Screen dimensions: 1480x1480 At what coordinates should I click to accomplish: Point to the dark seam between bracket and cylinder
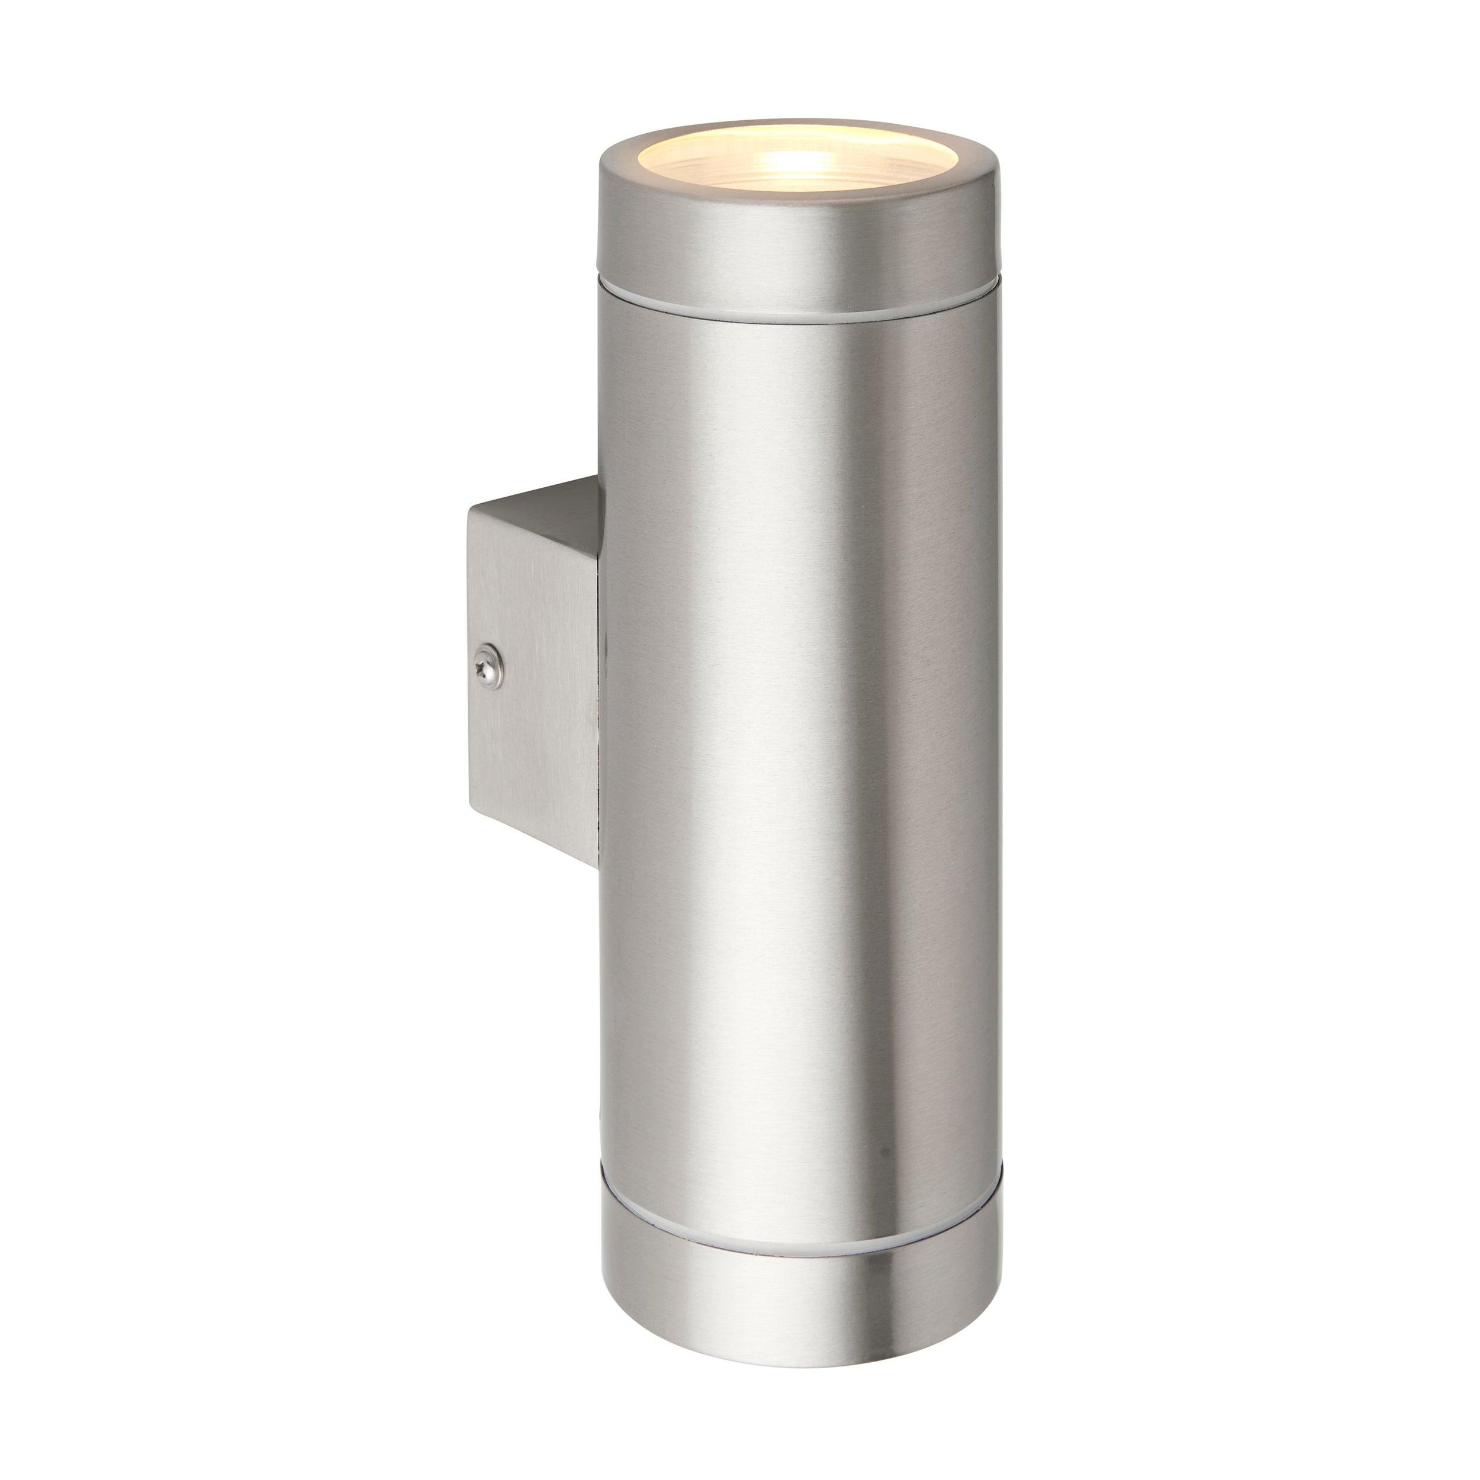tap(599, 690)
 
